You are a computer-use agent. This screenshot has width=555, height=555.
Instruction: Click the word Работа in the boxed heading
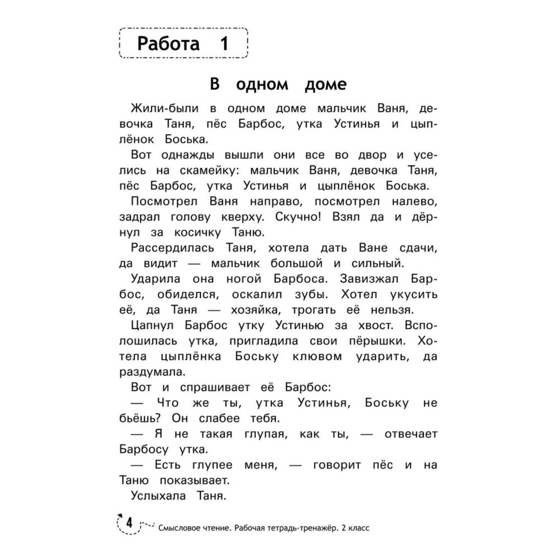point(168,44)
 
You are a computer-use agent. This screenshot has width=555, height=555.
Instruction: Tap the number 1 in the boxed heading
point(224,44)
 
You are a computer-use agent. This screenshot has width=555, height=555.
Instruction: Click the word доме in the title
point(326,85)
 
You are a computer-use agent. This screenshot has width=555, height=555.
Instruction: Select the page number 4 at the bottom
point(129,522)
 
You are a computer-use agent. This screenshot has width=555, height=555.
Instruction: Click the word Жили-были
point(164,109)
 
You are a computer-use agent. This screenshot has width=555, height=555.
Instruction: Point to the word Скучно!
point(298,217)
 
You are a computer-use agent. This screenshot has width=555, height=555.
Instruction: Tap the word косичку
point(197,233)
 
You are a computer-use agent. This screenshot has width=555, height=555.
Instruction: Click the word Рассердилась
point(172,248)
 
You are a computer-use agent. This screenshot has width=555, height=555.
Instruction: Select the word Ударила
point(155,279)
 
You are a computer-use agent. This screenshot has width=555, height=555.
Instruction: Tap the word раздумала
point(152,372)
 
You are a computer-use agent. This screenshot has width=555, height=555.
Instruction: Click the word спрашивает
point(215,387)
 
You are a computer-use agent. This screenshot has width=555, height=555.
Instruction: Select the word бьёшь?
point(140,418)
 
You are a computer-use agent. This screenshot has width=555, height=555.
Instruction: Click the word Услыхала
point(158,496)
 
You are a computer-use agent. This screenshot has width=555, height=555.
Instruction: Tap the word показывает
point(195,481)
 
